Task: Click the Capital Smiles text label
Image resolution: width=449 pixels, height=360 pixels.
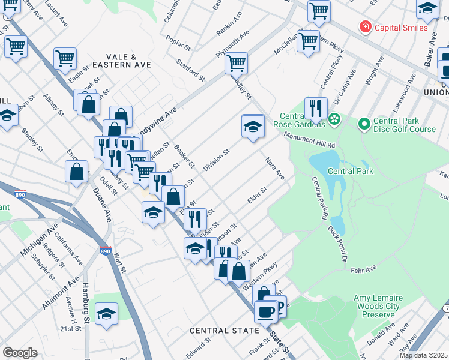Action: [401, 28]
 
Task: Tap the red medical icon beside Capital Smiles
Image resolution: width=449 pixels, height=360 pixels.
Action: [364, 27]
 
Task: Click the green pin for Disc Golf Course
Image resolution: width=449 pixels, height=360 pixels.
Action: [363, 124]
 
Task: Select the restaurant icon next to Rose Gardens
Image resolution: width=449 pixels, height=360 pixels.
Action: [316, 109]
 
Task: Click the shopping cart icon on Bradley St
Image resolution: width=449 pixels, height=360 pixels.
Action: [237, 62]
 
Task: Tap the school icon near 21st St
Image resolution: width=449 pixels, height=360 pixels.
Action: [106, 314]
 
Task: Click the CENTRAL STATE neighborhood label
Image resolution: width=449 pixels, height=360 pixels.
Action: [224, 331]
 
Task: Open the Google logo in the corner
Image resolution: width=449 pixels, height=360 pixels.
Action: [20, 352]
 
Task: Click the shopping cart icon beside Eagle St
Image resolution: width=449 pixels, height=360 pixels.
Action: [65, 59]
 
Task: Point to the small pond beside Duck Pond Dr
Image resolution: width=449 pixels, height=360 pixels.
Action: [338, 224]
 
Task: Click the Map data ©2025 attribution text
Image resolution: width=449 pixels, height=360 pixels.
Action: [423, 355]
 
